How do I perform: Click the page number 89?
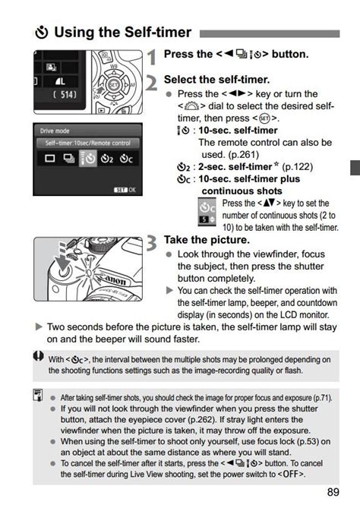(x=333, y=493)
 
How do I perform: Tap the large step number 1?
(x=152, y=57)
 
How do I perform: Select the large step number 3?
(x=152, y=243)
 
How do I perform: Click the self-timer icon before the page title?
(x=42, y=33)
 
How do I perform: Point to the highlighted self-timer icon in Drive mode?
(x=88, y=159)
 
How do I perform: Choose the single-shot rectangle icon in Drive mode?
(x=49, y=159)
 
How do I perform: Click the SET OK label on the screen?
(x=125, y=190)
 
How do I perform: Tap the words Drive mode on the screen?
(x=55, y=131)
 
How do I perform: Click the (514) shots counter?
(x=65, y=95)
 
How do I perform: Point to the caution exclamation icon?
(x=39, y=356)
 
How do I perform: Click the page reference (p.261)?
(x=243, y=155)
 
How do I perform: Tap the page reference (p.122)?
(x=298, y=167)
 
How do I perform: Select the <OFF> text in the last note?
(x=291, y=475)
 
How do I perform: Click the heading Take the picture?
(x=207, y=240)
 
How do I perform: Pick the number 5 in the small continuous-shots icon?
(x=204, y=219)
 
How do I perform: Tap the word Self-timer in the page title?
(x=158, y=32)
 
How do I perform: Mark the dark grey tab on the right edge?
(x=355, y=168)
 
